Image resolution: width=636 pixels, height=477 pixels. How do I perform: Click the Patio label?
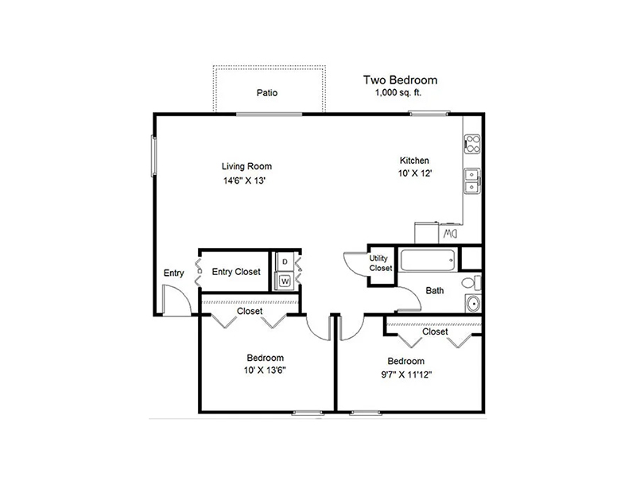tap(267, 93)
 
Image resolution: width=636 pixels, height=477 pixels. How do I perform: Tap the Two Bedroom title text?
tap(400, 80)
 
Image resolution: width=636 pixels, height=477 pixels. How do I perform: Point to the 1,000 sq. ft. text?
tap(398, 92)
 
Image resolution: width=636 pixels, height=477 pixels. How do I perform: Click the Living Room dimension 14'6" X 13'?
tap(244, 180)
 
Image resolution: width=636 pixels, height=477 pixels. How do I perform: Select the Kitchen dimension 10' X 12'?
tap(414, 173)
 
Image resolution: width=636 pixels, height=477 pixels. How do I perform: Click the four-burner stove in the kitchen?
tap(472, 144)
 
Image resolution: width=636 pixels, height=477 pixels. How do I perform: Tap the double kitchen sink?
tap(472, 181)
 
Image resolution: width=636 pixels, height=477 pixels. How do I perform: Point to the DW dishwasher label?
tap(450, 234)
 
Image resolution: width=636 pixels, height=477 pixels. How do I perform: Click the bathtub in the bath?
tap(427, 261)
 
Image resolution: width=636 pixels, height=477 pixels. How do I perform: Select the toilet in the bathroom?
tap(471, 282)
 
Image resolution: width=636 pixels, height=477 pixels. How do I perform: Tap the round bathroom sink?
tap(473, 303)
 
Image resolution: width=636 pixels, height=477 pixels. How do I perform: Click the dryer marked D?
tap(285, 262)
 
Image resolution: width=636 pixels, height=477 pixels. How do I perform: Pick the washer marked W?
tap(285, 281)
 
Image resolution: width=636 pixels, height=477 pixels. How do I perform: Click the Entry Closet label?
tap(236, 272)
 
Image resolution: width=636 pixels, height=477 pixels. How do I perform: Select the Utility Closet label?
tap(381, 263)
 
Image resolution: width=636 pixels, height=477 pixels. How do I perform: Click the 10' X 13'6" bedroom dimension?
tap(265, 370)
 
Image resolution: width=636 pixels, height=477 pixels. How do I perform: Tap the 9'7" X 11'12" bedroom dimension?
tap(406, 374)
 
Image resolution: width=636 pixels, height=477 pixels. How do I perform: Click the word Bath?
tap(434, 290)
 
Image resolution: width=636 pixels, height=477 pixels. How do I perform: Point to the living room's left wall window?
tap(153, 156)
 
